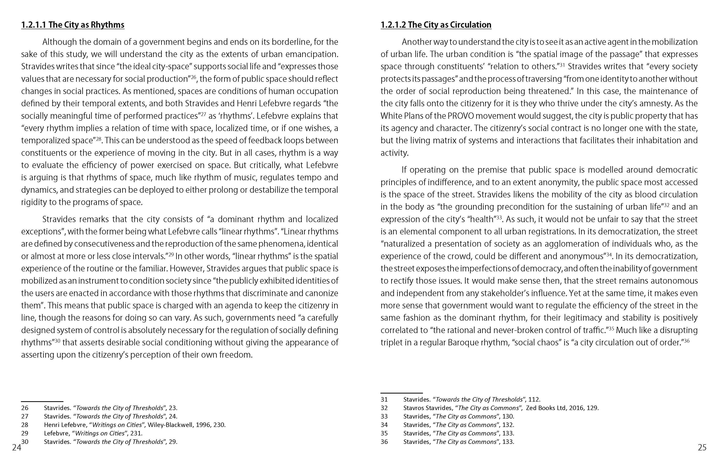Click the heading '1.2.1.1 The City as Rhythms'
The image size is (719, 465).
73,25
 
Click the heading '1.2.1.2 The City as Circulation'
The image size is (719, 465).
436,25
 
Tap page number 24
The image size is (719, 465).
17,447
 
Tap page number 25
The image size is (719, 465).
702,447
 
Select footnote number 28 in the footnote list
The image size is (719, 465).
25,425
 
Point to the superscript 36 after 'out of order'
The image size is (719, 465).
686,340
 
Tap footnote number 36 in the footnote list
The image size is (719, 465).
384,442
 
